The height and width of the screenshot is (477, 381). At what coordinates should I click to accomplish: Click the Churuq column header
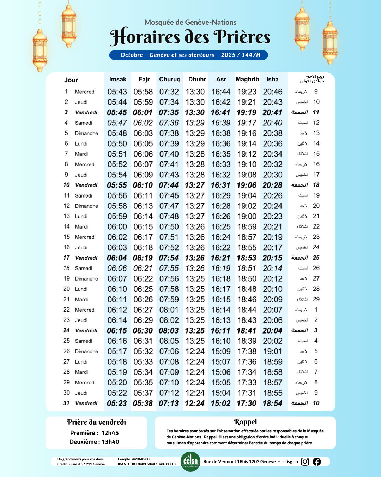coord(170,79)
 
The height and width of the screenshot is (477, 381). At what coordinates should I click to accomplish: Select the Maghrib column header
coord(247,79)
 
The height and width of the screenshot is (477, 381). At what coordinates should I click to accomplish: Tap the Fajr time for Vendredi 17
coord(143,258)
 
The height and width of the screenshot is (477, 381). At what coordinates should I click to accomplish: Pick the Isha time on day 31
coord(272,404)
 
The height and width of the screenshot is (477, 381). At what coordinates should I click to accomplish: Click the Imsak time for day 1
coord(117,92)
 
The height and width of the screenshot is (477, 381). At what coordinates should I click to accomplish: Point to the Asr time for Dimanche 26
coord(221,352)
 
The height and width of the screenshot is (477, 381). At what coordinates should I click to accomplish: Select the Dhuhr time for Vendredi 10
coord(195,185)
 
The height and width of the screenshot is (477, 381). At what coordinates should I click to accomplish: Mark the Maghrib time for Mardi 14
coord(247,227)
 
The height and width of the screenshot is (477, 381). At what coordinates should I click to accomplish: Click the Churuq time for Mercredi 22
coord(169,310)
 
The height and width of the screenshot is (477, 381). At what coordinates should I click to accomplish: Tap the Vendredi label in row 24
coord(86,331)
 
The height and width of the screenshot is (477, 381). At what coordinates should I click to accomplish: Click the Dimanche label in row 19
coord(86,279)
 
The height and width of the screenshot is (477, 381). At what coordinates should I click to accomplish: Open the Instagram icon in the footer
coord(305,461)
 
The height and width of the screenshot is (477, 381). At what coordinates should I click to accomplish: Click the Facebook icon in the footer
coord(317,461)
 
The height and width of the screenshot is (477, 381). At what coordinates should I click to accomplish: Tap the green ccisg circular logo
coord(190,461)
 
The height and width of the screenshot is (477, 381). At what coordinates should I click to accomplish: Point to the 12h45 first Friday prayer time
coord(110,433)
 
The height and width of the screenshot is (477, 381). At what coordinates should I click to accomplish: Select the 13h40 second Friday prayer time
coord(110,442)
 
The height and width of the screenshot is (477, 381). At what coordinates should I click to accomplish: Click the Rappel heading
coord(245,422)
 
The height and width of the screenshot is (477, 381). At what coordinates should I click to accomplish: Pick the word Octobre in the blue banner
coord(132,55)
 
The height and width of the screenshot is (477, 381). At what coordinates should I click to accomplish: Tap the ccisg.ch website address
coord(290,461)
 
